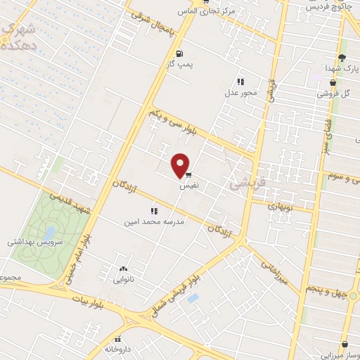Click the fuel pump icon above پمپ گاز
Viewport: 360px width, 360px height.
(x=181, y=53)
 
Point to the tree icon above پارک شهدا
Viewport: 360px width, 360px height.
(x=342, y=57)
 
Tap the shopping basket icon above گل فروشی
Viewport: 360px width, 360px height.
(x=342, y=82)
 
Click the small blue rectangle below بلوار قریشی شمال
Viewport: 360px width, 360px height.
(x=193, y=298)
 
